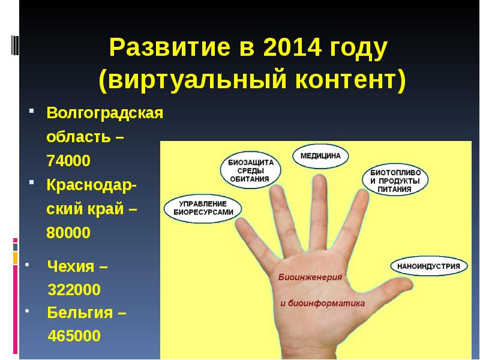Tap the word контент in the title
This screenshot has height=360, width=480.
[349, 80]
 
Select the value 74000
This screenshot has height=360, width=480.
[68, 161]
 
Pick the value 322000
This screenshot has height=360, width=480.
[74, 290]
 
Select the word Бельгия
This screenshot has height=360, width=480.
[86, 313]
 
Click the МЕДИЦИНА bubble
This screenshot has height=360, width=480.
[320, 155]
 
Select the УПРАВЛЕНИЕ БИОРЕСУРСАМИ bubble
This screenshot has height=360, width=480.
[203, 208]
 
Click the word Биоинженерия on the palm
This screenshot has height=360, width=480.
[310, 278]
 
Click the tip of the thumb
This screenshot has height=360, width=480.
[414, 282]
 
